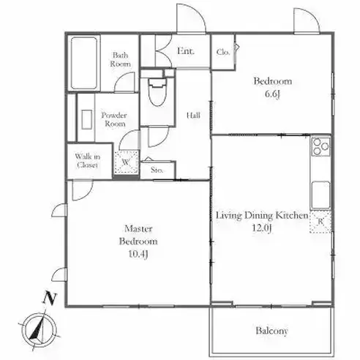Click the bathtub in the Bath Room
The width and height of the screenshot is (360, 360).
tap(84, 63)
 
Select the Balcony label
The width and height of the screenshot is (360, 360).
tap(271, 331)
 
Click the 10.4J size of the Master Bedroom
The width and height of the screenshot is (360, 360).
tap(138, 255)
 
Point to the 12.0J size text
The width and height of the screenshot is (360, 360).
tap(262, 228)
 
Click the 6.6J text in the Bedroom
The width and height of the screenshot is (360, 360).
tap(272, 94)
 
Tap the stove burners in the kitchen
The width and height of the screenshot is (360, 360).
tap(320, 146)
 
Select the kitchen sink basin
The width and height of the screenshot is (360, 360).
tap(320, 195)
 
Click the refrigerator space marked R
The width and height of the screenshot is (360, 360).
tap(320, 222)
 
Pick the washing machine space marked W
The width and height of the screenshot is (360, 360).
tap(127, 162)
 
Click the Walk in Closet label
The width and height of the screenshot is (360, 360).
tap(87, 161)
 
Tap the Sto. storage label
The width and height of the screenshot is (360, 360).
tap(157, 170)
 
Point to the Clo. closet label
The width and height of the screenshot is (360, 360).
tap(223, 52)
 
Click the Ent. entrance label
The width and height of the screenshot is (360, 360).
tap(186, 51)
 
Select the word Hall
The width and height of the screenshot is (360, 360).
tap(193, 115)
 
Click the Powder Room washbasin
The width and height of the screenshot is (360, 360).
tap(86, 119)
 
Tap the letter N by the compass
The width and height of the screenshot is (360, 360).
tap(50, 298)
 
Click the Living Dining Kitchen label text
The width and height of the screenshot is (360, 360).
tap(262, 216)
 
